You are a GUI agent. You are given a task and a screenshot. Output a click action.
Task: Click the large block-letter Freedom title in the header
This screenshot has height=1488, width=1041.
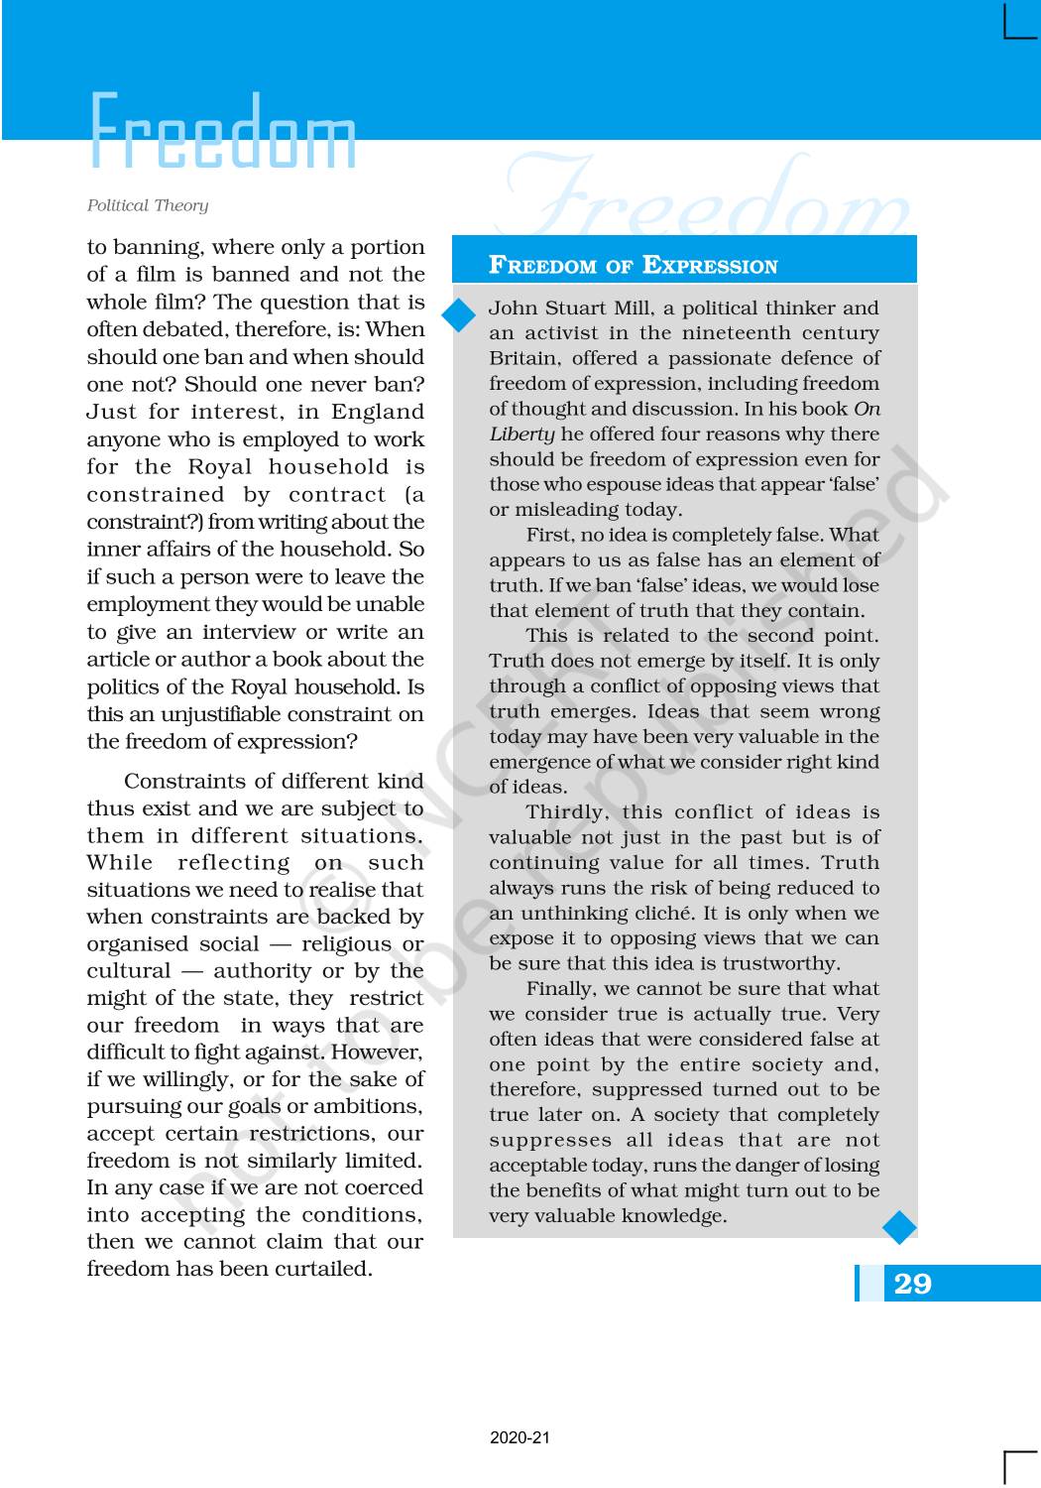click(223, 132)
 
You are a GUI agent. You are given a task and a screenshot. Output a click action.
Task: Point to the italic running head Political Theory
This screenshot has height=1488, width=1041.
click(148, 205)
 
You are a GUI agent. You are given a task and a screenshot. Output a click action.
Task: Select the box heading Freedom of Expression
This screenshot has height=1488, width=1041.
click(634, 265)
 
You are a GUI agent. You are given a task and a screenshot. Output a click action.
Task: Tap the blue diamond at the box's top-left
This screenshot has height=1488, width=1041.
click(459, 315)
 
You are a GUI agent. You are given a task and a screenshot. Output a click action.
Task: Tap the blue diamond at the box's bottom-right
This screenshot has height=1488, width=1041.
click(899, 1227)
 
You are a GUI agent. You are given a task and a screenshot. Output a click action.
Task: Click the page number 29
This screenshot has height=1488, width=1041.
click(913, 1284)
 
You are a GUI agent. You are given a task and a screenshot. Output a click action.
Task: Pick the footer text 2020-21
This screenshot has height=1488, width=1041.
click(520, 1437)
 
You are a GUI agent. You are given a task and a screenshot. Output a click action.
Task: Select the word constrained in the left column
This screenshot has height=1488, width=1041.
click(156, 494)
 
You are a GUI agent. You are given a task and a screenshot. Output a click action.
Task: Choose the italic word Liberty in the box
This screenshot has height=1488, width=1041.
click(521, 434)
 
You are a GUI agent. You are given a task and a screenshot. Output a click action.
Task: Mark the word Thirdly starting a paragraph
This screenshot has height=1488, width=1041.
click(566, 812)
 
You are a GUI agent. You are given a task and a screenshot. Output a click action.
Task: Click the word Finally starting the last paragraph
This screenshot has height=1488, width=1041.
click(562, 989)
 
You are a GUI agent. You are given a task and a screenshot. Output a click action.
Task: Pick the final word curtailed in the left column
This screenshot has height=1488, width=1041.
click(322, 1269)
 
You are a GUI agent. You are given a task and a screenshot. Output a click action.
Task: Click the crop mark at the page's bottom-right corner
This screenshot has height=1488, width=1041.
click(1018, 1465)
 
